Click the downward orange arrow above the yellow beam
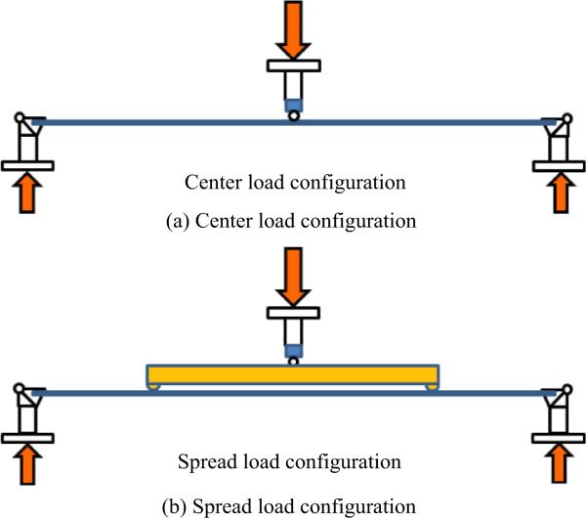293,274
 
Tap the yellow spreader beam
293,374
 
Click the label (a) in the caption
179,221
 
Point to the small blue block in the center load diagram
293,103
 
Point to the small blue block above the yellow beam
293,348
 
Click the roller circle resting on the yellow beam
293,361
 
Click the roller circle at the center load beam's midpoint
293,115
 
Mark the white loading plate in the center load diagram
293,66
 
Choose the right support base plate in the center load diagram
561,165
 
